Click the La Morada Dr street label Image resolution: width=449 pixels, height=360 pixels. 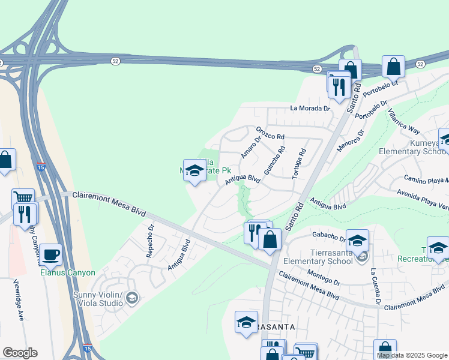tap(310, 108)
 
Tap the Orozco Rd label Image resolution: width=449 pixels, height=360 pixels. tap(270, 133)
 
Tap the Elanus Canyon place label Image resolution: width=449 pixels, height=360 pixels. tap(67, 272)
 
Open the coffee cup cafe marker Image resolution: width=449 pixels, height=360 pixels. tap(51, 254)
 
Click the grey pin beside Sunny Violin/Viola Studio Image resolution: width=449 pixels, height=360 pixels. tap(132, 297)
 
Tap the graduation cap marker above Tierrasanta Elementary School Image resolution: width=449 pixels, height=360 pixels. tap(357, 241)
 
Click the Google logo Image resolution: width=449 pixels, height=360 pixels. tap(20, 353)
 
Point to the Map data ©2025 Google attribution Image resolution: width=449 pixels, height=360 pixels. tap(412, 355)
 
